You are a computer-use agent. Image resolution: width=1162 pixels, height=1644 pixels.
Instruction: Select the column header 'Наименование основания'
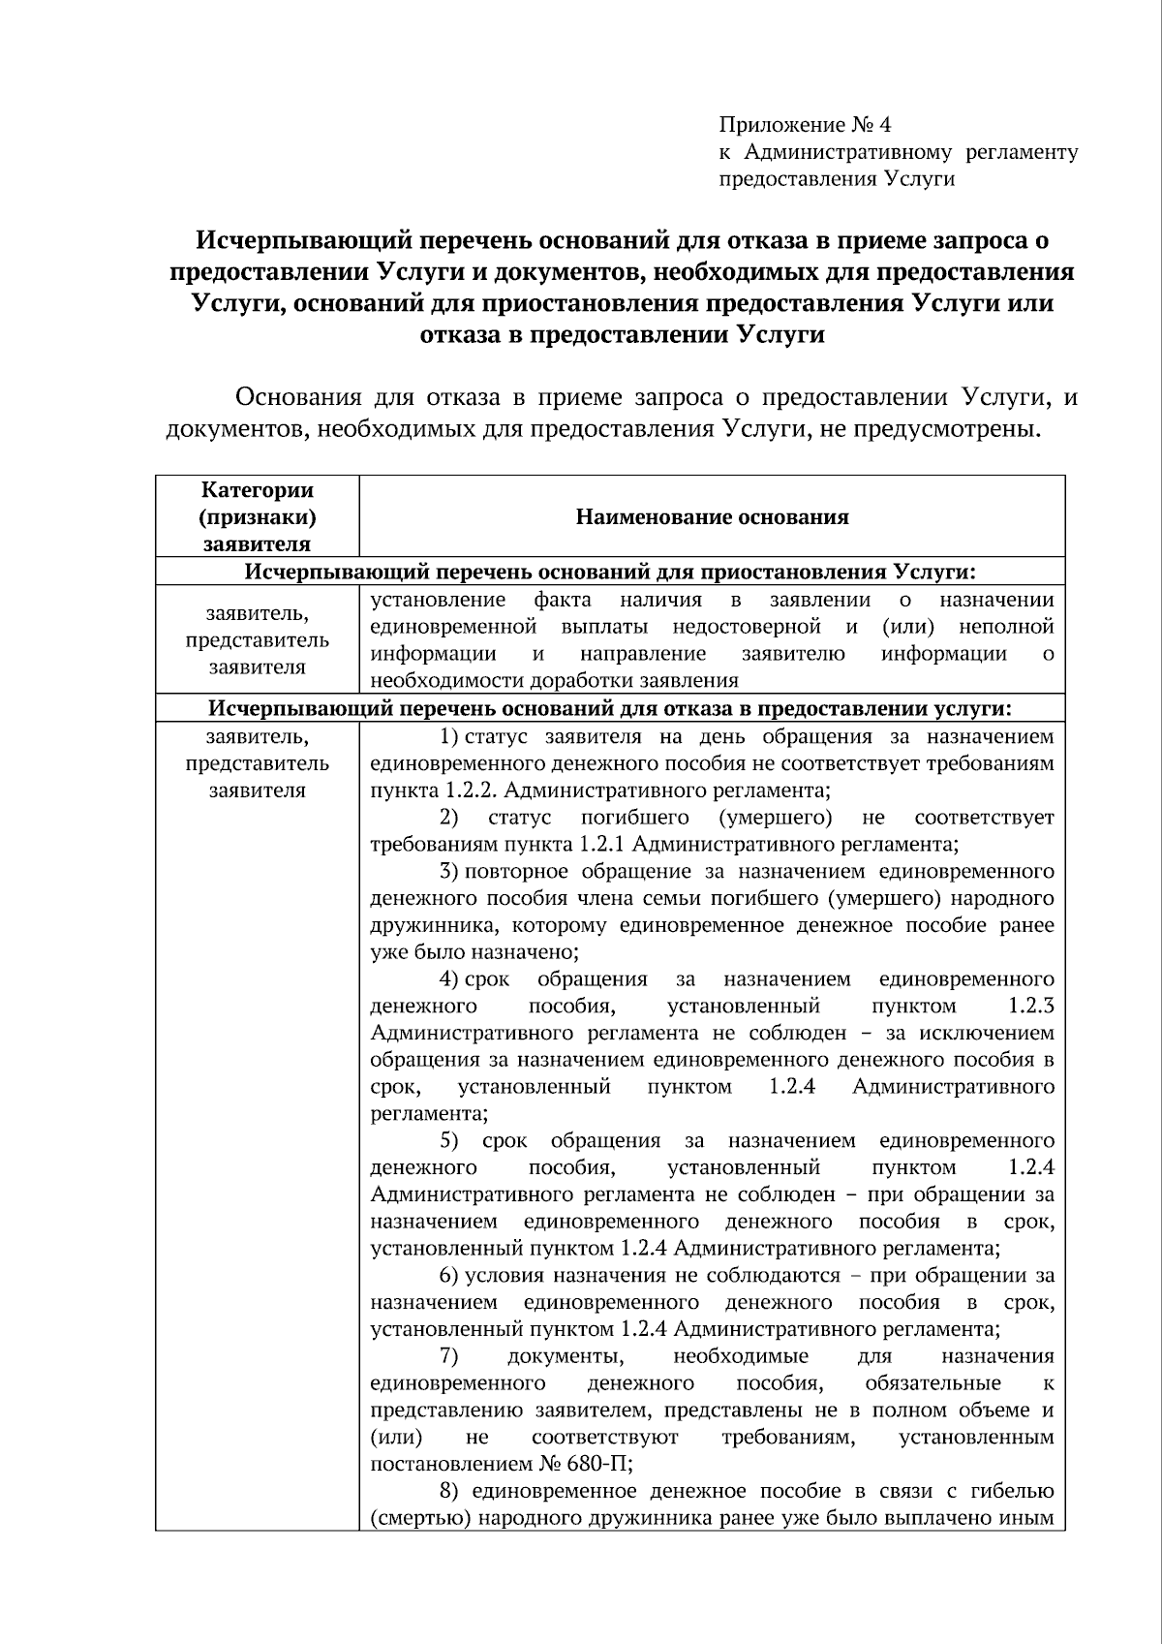click(712, 517)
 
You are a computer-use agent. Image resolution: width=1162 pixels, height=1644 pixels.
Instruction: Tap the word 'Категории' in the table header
click(257, 491)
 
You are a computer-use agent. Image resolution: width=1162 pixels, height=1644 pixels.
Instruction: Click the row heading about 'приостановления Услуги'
click(610, 571)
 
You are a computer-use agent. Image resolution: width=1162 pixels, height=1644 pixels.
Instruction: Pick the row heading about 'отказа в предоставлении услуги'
click(610, 708)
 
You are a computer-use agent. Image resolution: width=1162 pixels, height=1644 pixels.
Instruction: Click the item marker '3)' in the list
click(448, 871)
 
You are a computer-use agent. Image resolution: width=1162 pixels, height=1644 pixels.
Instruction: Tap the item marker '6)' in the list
click(448, 1276)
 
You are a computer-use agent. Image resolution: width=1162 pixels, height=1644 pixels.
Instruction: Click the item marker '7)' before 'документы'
click(448, 1356)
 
